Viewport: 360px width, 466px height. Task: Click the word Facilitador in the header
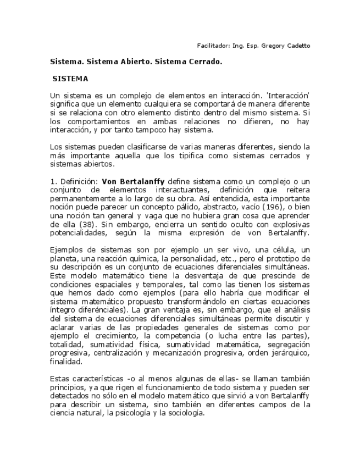click(x=212, y=46)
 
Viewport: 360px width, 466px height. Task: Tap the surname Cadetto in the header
click(x=297, y=46)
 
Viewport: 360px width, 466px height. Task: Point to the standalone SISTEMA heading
click(x=70, y=79)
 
